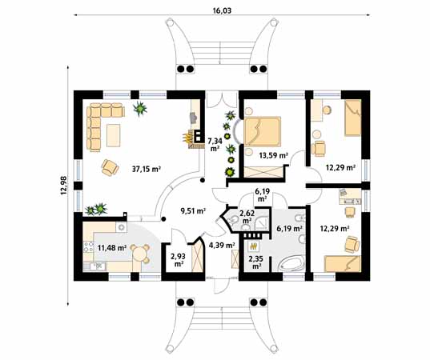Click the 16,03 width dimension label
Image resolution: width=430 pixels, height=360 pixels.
(222, 10)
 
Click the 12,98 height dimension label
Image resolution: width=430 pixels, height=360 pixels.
(63, 187)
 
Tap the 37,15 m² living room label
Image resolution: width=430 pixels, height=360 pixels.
(147, 169)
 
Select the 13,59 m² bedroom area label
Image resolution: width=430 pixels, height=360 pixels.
(273, 156)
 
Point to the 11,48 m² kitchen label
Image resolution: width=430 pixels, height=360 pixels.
(112, 248)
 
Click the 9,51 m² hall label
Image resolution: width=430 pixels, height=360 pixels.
(193, 210)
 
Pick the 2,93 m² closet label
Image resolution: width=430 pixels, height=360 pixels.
(178, 260)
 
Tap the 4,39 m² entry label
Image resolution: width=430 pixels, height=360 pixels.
(222, 246)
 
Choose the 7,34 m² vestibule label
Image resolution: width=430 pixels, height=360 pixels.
(215, 145)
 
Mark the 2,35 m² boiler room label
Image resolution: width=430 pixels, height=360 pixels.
(256, 262)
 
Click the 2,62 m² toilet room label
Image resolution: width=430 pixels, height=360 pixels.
(247, 217)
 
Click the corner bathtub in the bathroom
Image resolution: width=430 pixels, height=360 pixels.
(291, 263)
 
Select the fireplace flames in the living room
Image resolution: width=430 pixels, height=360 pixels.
(187, 138)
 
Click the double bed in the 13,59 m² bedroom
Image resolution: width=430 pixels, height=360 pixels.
(262, 132)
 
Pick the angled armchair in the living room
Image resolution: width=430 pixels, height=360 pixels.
(111, 167)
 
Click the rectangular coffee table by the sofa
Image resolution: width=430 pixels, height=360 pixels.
(114, 135)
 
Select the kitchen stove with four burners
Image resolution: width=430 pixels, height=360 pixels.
(88, 246)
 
